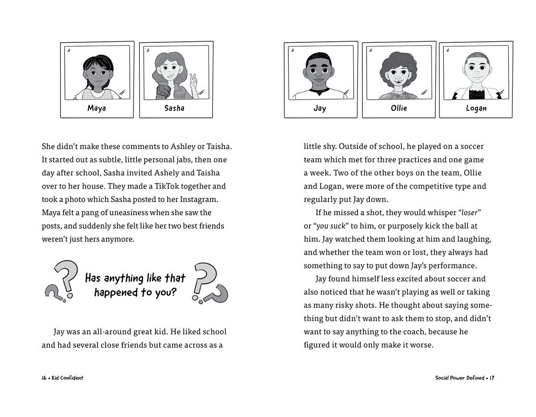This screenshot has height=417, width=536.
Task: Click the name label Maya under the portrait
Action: pos(96,108)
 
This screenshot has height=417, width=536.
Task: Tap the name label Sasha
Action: pos(174,108)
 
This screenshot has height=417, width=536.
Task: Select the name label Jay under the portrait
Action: pos(319,108)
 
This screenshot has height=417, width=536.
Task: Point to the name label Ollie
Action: pos(399,108)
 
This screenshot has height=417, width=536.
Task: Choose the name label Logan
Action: pos(475,108)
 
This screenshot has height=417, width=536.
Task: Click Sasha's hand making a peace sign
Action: pos(193,80)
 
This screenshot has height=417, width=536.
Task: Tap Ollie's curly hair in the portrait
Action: pos(398,62)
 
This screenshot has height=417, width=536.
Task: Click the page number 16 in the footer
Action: pos(44,377)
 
